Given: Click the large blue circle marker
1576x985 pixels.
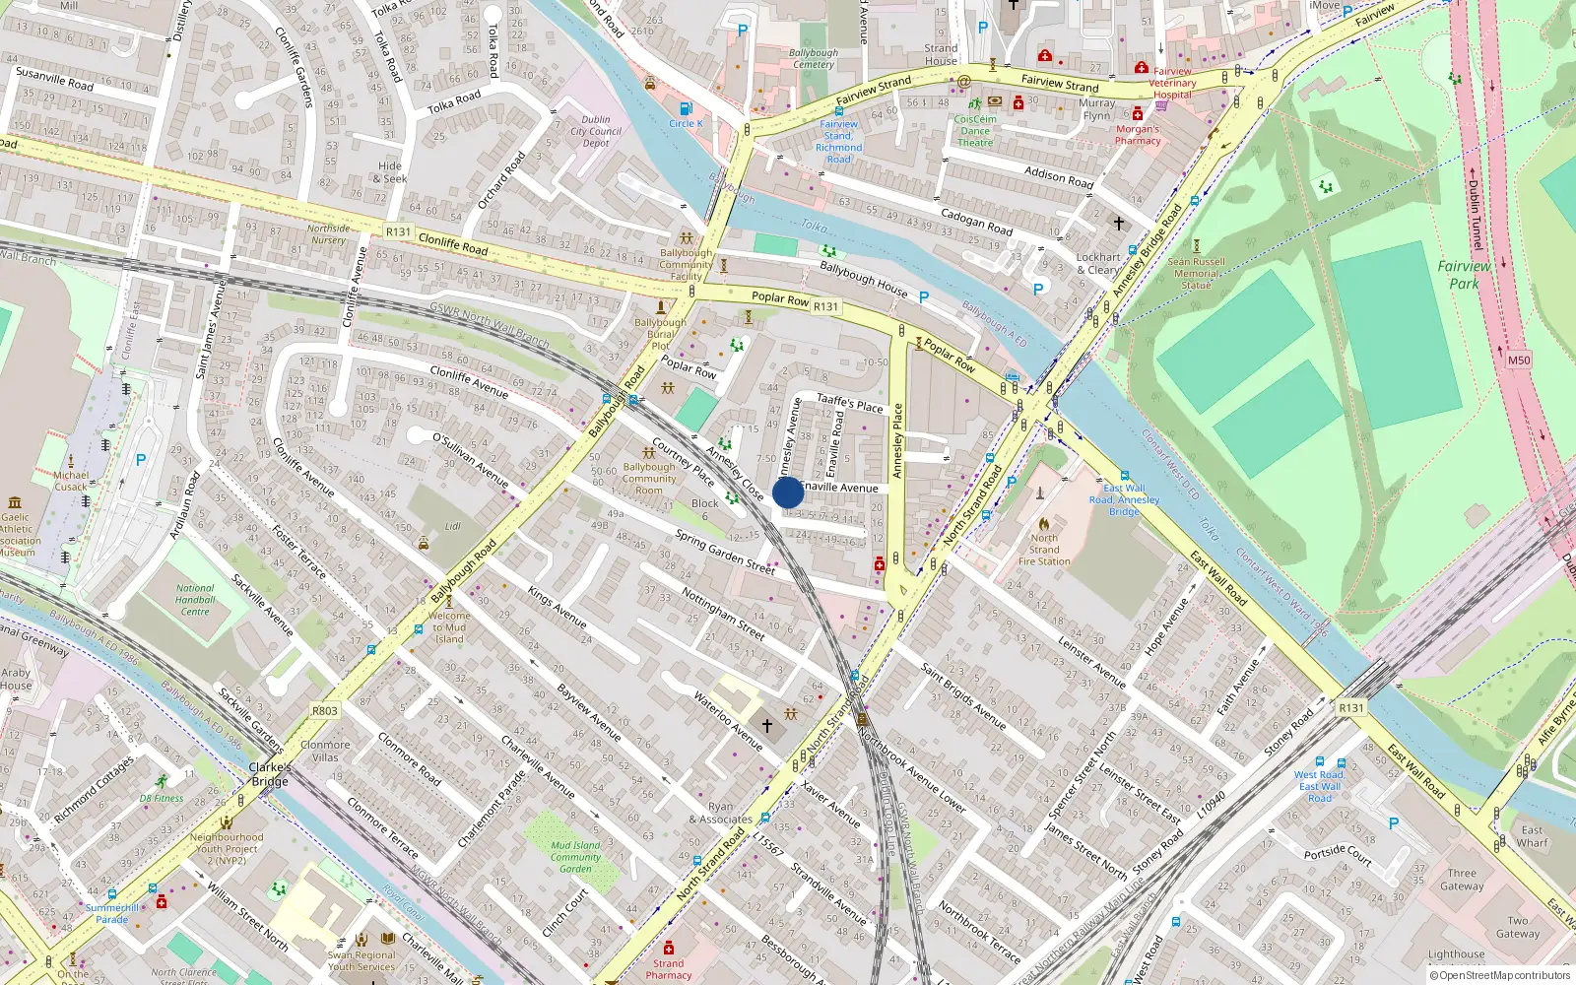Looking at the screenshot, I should point(787,492).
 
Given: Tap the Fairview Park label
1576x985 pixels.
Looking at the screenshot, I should point(1464,275).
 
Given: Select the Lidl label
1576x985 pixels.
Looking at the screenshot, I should point(452,526).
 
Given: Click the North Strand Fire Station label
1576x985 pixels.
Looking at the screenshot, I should point(1044,550).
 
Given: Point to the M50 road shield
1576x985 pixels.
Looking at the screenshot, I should point(1519,361).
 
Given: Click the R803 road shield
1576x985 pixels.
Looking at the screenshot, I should point(324,710).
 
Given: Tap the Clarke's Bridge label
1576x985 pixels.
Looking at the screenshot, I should point(269,774).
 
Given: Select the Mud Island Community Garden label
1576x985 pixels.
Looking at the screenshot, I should point(575,857).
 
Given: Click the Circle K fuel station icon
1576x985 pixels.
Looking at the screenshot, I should point(686,108).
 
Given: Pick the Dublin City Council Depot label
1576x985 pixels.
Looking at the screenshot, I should point(596,131).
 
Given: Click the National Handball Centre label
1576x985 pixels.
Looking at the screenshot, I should point(195,600).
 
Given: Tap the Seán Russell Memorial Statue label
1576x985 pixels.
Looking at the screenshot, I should point(1196,273).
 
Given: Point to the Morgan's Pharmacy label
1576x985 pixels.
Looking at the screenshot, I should point(1138,134).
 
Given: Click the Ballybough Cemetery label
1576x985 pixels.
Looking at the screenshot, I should point(814,58).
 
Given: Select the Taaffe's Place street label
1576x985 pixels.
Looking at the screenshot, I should point(850,403).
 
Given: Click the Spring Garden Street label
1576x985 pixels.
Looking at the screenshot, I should point(725,552).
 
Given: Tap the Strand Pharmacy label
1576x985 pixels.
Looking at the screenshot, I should point(668,969).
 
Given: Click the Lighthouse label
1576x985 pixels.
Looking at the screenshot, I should point(1456,953).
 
